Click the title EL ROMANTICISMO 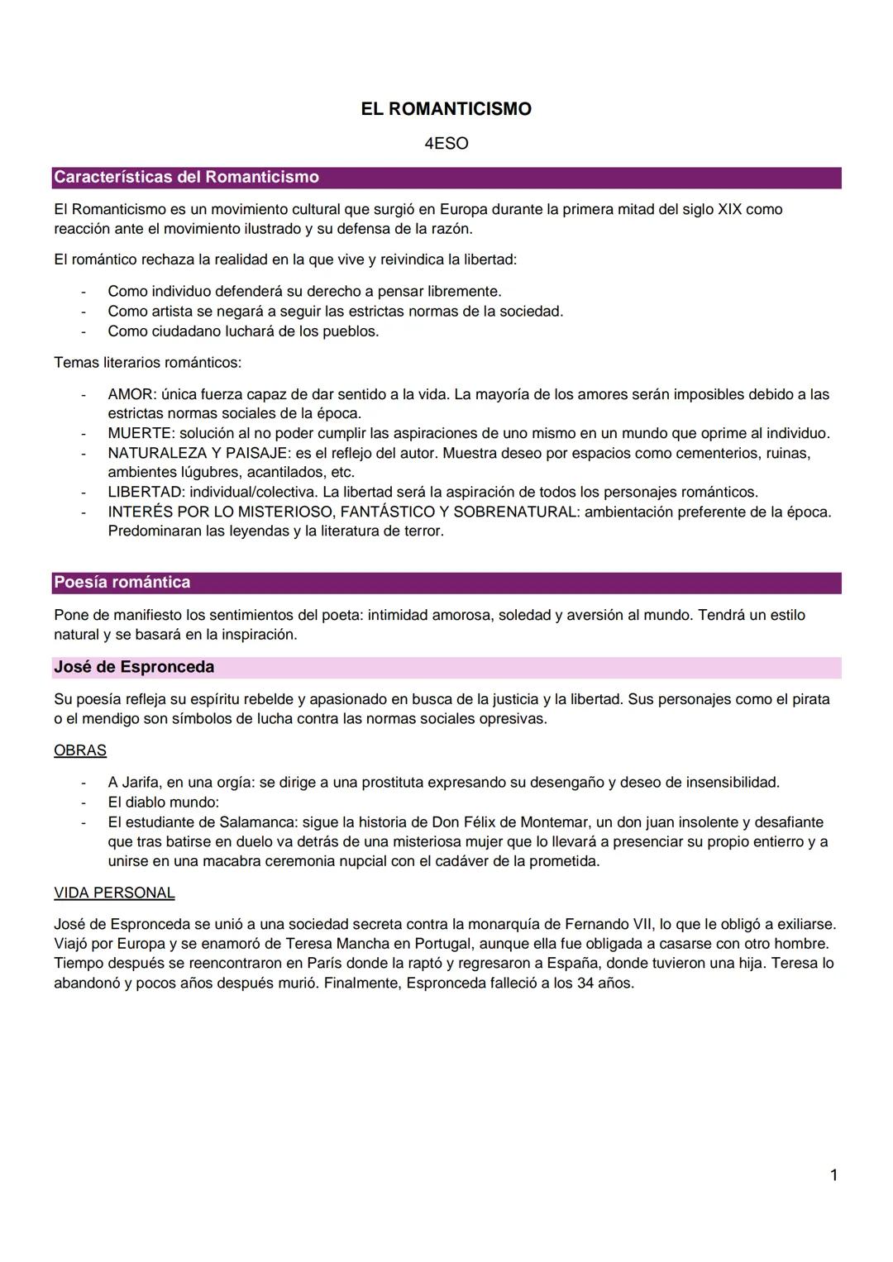(446, 109)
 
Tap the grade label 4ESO (446, 144)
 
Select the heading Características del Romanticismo (186, 177)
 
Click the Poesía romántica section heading (122, 583)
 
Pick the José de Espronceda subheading (133, 667)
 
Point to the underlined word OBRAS (79, 750)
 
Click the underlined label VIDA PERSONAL (114, 893)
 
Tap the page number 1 (833, 1174)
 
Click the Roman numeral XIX (729, 209)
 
